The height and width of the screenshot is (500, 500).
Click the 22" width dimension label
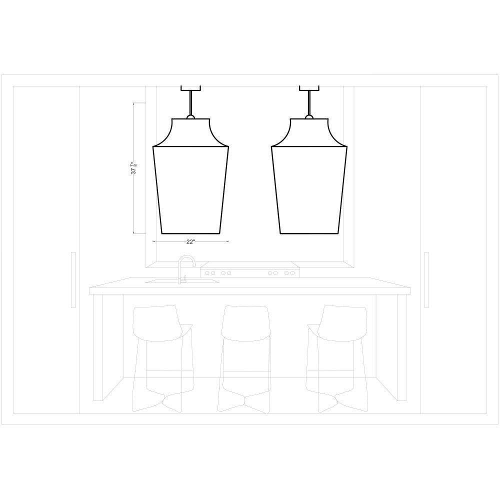tap(190, 241)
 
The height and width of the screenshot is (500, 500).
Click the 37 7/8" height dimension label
tap(134, 168)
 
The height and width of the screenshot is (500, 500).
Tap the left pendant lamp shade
tap(190, 176)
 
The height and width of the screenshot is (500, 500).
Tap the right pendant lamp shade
tap(309, 176)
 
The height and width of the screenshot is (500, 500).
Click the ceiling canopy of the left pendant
tap(190, 88)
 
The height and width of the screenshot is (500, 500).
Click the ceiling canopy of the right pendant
tap(309, 88)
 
